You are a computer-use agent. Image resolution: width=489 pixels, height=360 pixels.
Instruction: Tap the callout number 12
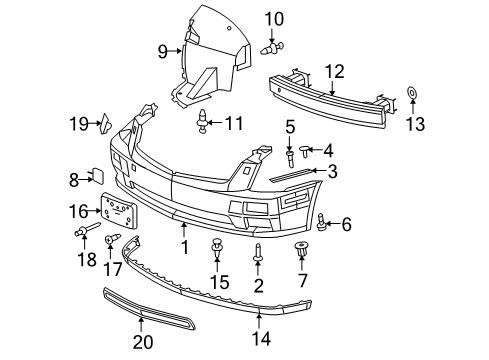click(x=334, y=71)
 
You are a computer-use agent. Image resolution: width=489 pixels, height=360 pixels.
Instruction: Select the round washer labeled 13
click(x=413, y=95)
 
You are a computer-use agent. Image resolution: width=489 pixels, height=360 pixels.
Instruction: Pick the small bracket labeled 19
click(x=104, y=122)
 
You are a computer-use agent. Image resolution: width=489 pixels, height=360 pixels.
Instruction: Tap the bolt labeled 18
click(x=83, y=235)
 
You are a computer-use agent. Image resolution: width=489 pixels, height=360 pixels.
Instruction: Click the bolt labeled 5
click(x=291, y=155)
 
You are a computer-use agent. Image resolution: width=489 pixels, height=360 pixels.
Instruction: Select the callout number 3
click(x=331, y=171)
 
